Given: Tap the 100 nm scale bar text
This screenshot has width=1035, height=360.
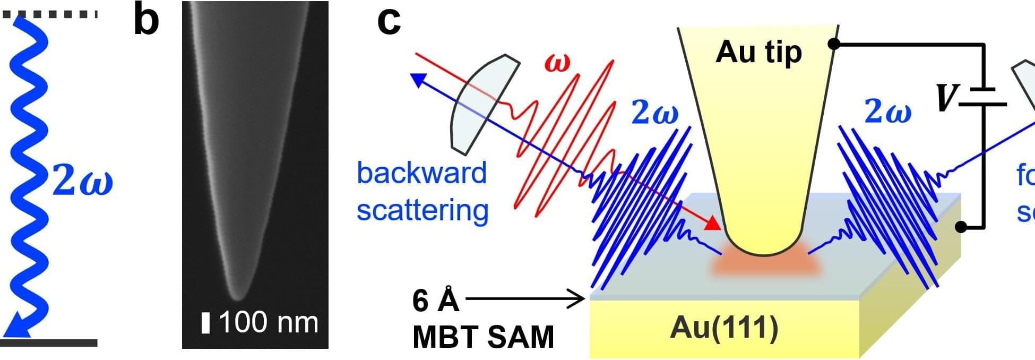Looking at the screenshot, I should click(x=268, y=322).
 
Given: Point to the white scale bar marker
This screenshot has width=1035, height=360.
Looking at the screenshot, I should click(x=206, y=323).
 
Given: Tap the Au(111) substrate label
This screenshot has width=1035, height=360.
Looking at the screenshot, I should click(x=724, y=327).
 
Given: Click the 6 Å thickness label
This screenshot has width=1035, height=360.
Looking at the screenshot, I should click(x=435, y=301).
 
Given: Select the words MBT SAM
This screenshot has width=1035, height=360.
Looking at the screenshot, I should click(x=483, y=337).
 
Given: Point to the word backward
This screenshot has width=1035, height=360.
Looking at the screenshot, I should click(x=422, y=173).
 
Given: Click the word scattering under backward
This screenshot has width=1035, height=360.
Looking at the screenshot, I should click(x=422, y=210).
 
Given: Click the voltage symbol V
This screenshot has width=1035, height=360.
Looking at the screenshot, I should click(x=945, y=99).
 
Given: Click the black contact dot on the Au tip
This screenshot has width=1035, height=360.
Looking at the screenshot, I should click(x=834, y=45).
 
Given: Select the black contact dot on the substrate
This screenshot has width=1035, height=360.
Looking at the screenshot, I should click(x=961, y=227).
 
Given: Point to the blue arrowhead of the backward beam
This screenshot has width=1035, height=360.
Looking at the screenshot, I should click(x=418, y=80).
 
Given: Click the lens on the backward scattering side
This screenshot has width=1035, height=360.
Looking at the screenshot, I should click(x=484, y=103).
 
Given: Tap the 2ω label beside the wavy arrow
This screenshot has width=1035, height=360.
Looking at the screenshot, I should click(x=82, y=181).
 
